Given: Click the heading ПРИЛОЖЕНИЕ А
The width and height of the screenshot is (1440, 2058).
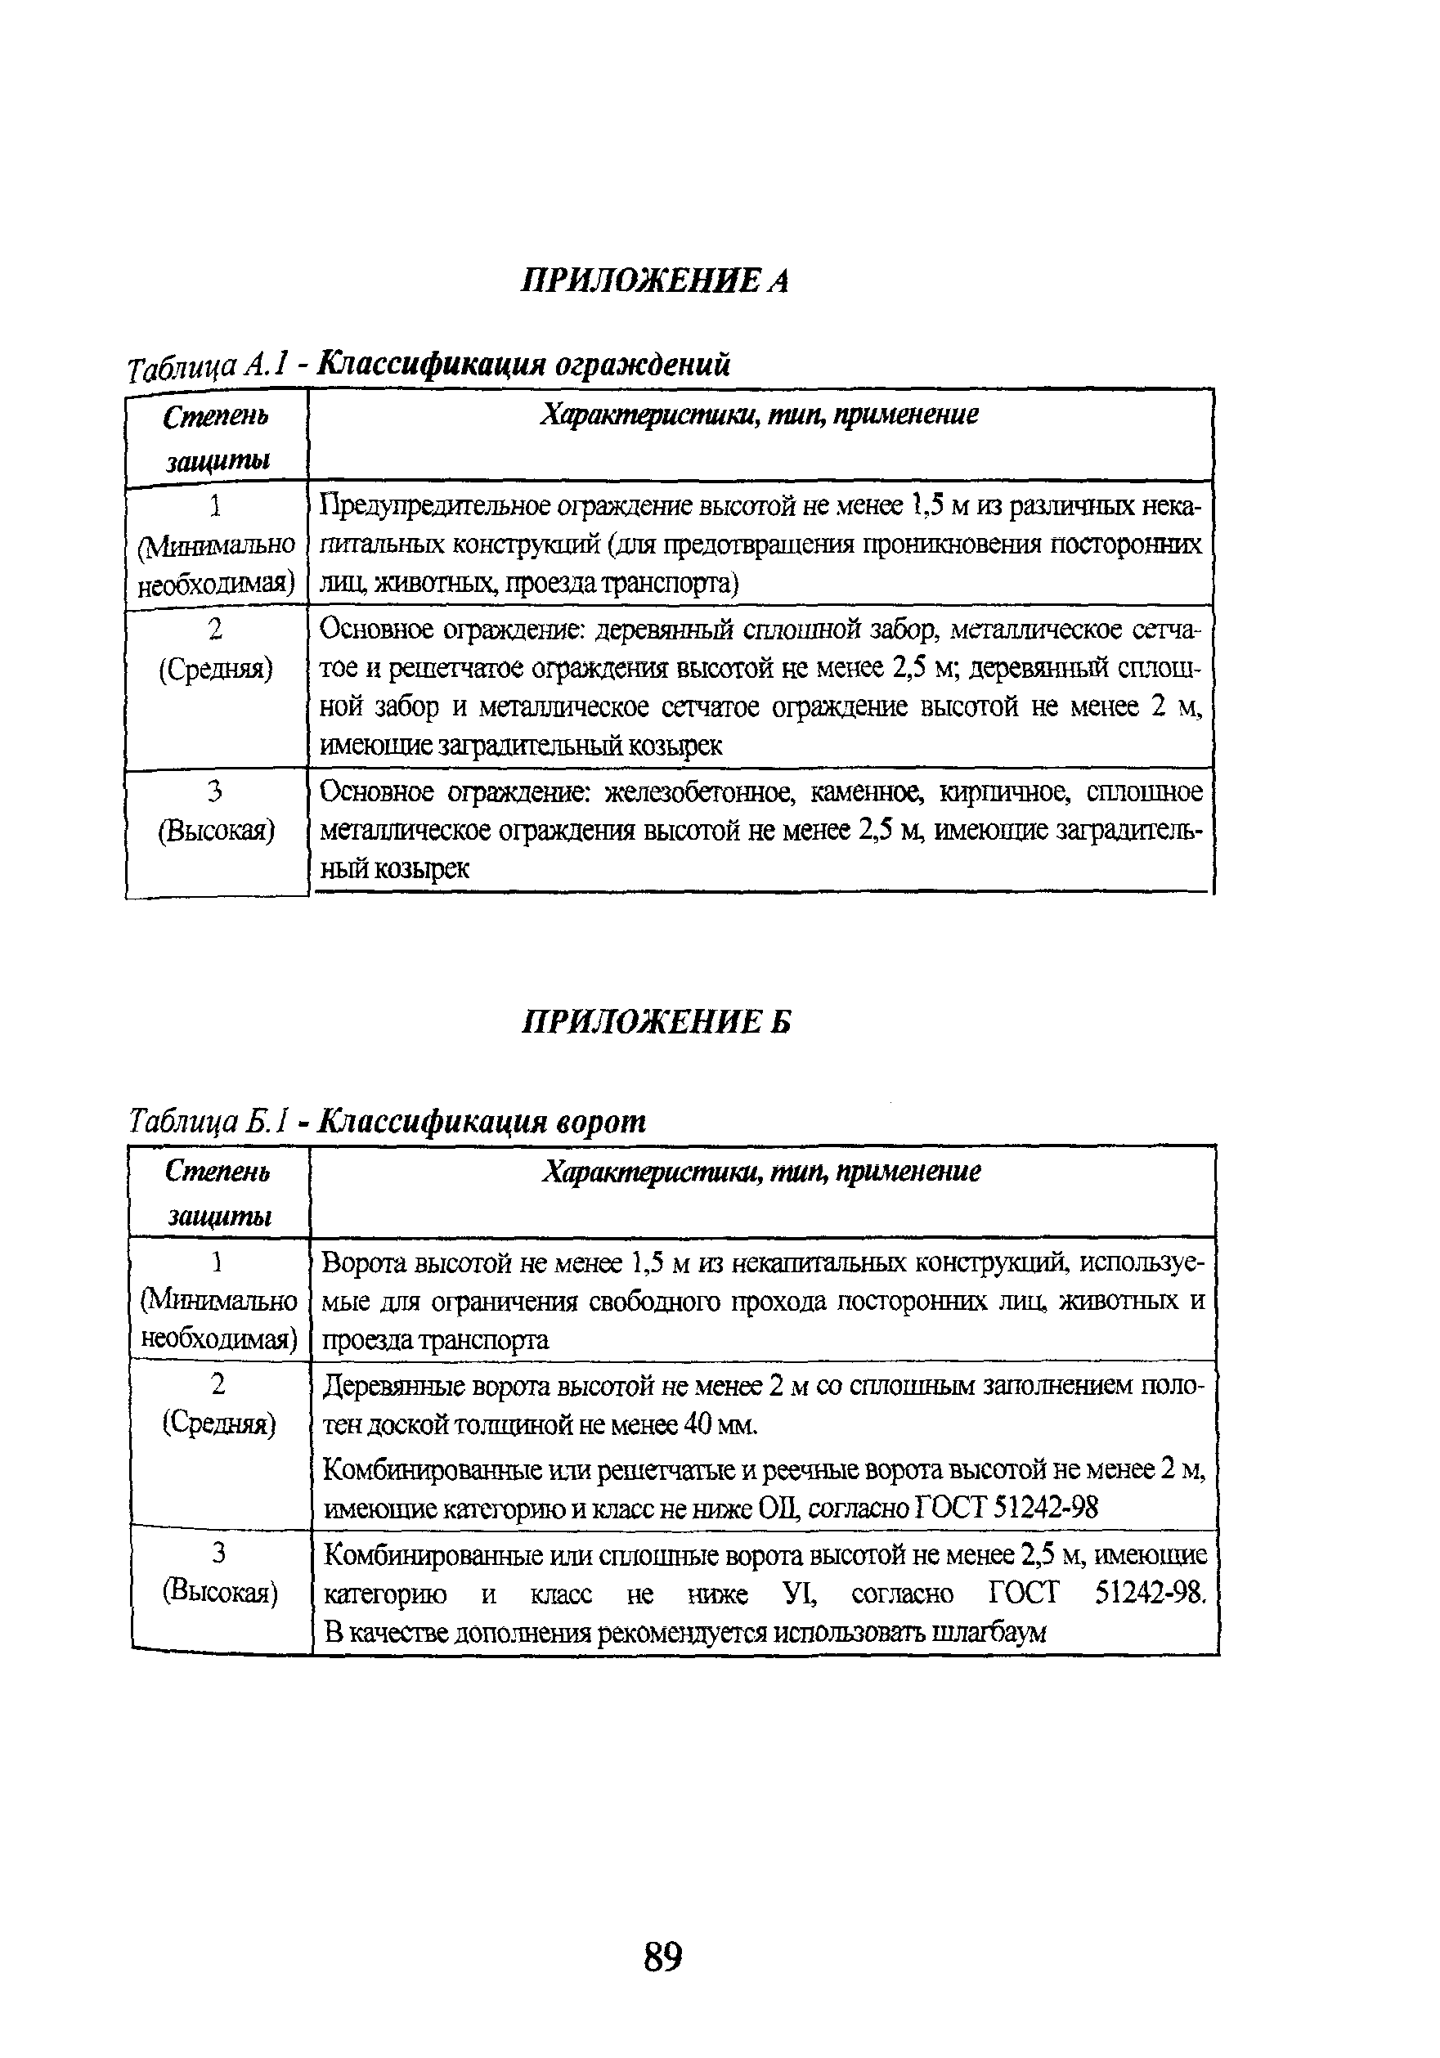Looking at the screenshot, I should pos(654,281).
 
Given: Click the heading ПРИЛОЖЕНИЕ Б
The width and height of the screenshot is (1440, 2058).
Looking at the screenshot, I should pos(657,1023).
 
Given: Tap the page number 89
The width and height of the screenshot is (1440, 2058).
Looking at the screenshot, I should pos(663,1957).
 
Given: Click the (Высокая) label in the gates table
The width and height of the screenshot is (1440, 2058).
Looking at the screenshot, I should pos(220,1593).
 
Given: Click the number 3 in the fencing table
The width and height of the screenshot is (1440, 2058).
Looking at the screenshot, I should pos(214,791).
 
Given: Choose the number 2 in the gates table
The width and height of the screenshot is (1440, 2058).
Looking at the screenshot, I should pos(218,1385).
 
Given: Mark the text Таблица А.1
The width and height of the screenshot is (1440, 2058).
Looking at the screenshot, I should pos(206,365).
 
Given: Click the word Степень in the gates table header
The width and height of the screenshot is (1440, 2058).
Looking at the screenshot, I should pos(217,1172).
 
